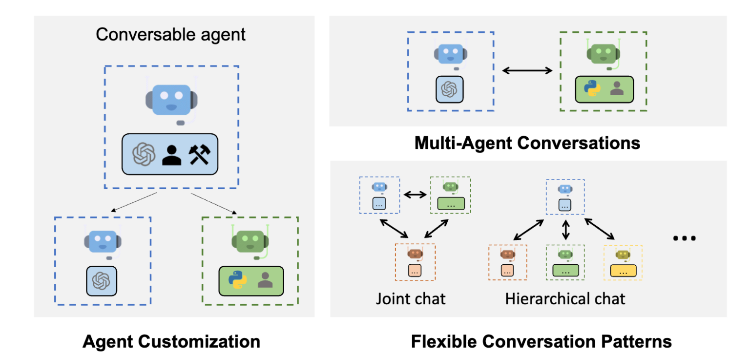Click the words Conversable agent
click(x=170, y=35)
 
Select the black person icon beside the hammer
click(x=171, y=155)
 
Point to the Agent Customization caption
click(x=171, y=341)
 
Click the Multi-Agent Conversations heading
click(x=527, y=143)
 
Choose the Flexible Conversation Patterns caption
click(x=541, y=341)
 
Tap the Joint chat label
click(x=411, y=298)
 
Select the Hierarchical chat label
click(x=565, y=298)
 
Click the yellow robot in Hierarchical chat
click(x=623, y=254)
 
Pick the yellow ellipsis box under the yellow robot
click(x=623, y=270)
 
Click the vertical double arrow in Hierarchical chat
click(x=565, y=230)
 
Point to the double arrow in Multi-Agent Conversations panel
click(x=527, y=70)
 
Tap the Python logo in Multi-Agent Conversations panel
click(x=591, y=88)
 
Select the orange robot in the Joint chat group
click(x=415, y=253)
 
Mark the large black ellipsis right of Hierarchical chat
click(x=684, y=238)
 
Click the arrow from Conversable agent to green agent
click(x=214, y=203)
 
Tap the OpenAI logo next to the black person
click(x=144, y=155)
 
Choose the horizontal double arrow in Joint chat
click(x=415, y=194)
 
